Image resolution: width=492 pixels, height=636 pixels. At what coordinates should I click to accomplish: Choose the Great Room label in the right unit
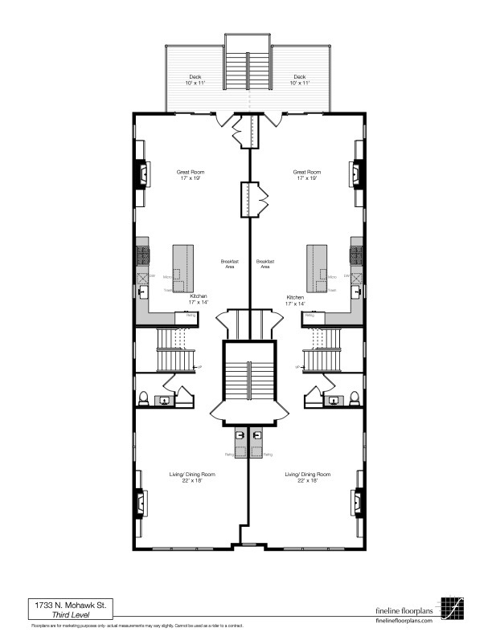[307, 175]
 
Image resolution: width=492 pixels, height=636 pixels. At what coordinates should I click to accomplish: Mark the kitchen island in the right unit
[314, 268]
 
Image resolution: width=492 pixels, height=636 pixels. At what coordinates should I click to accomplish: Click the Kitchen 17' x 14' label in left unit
[199, 300]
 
